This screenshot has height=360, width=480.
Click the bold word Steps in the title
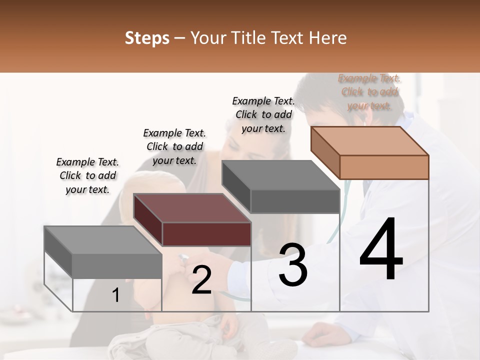147,38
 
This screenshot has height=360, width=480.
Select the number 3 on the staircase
293,265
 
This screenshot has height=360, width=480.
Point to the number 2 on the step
201,280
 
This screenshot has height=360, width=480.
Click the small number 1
116,295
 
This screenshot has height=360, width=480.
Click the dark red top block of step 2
192,220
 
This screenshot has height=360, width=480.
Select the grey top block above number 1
103,252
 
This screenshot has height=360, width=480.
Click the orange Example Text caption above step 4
369,92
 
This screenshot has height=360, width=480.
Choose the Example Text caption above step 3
263,114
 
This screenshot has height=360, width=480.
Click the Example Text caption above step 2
174,146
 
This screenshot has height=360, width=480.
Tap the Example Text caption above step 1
87,175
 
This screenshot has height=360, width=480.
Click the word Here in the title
327,38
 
